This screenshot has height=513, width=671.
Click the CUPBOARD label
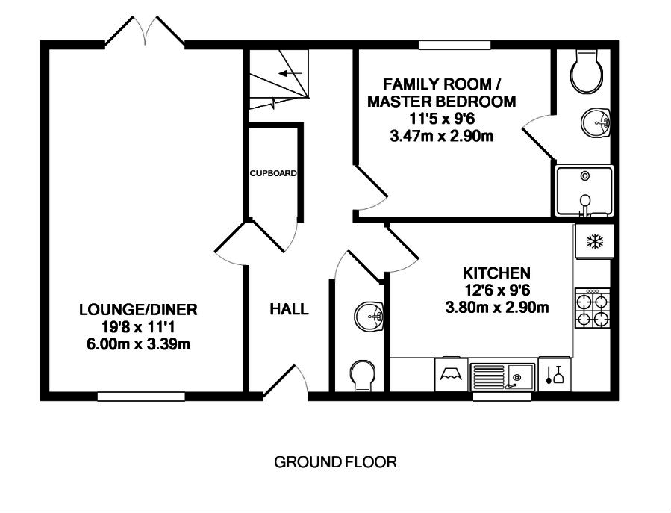point(273,173)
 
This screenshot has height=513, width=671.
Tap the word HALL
point(290,309)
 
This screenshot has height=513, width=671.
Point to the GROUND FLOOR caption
point(335,462)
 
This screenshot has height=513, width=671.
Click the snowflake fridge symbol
point(594,241)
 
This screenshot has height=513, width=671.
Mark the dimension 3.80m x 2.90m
point(497,307)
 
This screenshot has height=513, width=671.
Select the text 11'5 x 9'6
point(440,119)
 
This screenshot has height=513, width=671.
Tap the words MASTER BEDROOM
point(441,102)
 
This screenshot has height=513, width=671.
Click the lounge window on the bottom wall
point(131,397)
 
